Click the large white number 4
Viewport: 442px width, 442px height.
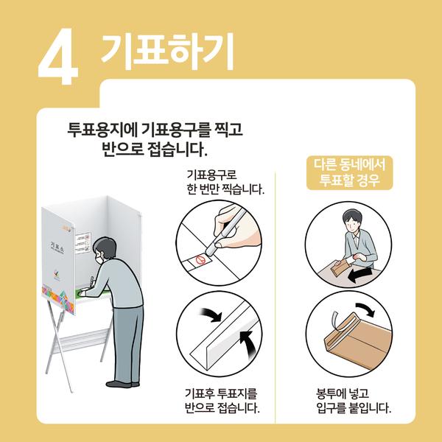pyautogui.click(x=58, y=57)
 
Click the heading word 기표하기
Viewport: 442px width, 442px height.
pyautogui.click(x=167, y=51)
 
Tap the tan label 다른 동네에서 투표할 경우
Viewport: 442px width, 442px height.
pyautogui.click(x=349, y=172)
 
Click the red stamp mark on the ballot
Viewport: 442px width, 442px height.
pyautogui.click(x=200, y=259)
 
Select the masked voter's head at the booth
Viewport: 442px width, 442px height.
pyautogui.click(x=104, y=250)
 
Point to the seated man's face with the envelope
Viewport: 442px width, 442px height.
pyautogui.click(x=351, y=223)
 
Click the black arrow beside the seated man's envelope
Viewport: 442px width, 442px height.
pyautogui.click(x=360, y=275)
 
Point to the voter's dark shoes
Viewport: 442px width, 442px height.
pyautogui.click(x=122, y=384)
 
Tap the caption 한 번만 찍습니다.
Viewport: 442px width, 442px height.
pyautogui.click(x=225, y=189)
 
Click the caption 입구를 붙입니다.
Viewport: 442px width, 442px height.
pyautogui.click(x=354, y=408)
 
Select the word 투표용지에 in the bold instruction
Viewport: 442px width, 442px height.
pyautogui.click(x=102, y=130)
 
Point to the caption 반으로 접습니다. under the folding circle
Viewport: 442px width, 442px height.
pyautogui.click(x=222, y=408)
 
